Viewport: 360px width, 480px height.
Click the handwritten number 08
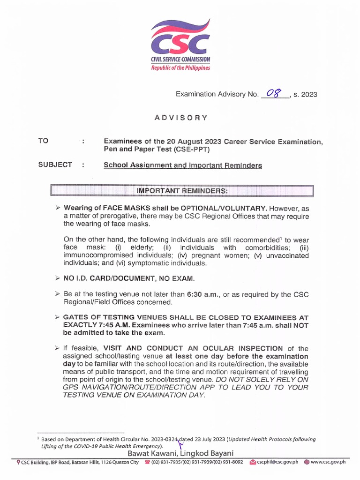(275, 93)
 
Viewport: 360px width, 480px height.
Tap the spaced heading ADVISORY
(180, 118)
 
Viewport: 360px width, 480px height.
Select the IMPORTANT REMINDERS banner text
(182, 191)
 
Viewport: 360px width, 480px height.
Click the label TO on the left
(44, 141)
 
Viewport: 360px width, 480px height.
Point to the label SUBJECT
(55, 165)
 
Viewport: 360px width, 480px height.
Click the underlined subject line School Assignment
(182, 165)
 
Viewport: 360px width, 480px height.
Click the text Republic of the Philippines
(180, 67)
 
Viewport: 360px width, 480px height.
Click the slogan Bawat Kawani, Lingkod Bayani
(180, 453)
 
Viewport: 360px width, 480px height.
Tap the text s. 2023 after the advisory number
(305, 94)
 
